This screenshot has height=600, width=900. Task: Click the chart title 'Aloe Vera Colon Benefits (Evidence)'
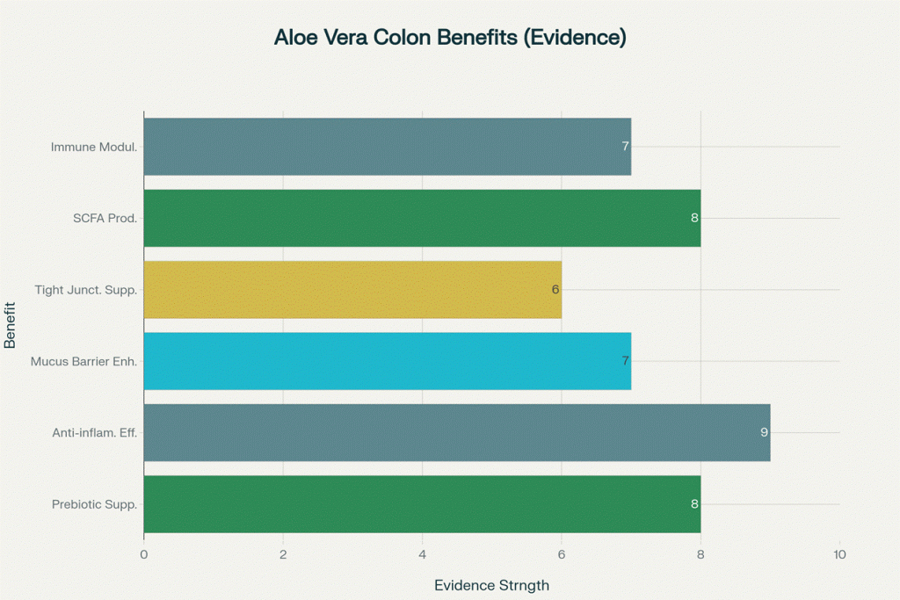(449, 38)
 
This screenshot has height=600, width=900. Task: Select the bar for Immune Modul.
(387, 146)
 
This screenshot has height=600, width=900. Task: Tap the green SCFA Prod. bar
(422, 218)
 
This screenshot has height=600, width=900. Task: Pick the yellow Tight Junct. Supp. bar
(352, 289)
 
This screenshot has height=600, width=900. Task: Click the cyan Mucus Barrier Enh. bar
(387, 360)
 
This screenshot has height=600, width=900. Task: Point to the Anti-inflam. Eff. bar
(457, 432)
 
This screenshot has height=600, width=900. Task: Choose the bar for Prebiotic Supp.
(422, 503)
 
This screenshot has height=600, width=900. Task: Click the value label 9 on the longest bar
(764, 432)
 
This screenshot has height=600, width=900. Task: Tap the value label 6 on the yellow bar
(555, 289)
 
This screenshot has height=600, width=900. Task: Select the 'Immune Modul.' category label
(94, 147)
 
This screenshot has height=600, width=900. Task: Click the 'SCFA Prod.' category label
(105, 218)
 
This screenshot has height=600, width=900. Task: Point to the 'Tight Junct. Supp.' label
(85, 289)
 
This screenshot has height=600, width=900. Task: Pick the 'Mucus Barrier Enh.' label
(83, 361)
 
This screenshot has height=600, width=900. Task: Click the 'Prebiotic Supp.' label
(94, 504)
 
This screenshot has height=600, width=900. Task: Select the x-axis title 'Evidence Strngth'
(491, 585)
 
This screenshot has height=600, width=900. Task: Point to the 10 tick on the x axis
(839, 554)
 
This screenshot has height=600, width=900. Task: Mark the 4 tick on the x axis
(422, 554)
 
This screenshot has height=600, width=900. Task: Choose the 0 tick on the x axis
(144, 554)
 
